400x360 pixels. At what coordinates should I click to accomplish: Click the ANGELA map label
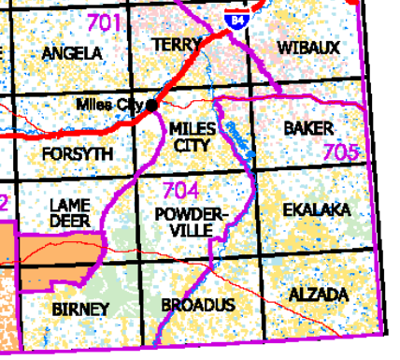72,53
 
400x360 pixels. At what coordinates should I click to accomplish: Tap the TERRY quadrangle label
176,45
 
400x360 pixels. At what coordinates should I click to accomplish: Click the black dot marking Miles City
151,106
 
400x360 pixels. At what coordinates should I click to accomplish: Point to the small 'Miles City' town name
110,104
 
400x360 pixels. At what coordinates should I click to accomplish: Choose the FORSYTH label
78,152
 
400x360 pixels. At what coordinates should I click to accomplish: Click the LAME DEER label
69,212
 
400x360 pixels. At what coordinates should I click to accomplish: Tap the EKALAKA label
317,211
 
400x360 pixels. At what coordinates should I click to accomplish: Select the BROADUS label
198,306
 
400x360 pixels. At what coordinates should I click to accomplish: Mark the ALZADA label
319,295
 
